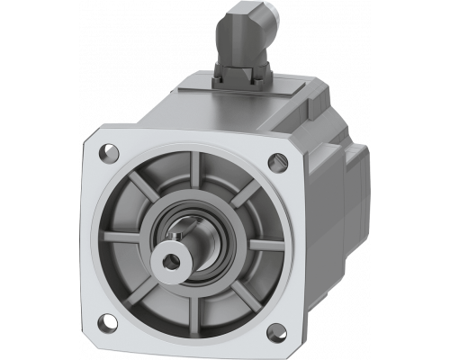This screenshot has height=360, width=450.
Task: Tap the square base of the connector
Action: [240, 76]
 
